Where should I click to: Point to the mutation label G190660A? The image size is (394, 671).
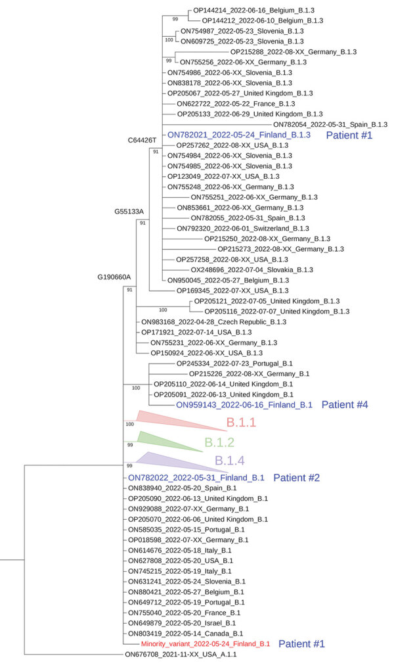(x=116, y=277)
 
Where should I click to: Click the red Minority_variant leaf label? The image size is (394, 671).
(x=205, y=644)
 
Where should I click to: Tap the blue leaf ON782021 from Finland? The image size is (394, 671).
(x=239, y=135)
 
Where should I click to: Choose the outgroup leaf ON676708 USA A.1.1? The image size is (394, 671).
(x=181, y=655)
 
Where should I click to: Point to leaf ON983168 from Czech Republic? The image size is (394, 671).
(x=209, y=322)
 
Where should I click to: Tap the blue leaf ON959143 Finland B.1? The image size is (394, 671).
(x=244, y=405)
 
